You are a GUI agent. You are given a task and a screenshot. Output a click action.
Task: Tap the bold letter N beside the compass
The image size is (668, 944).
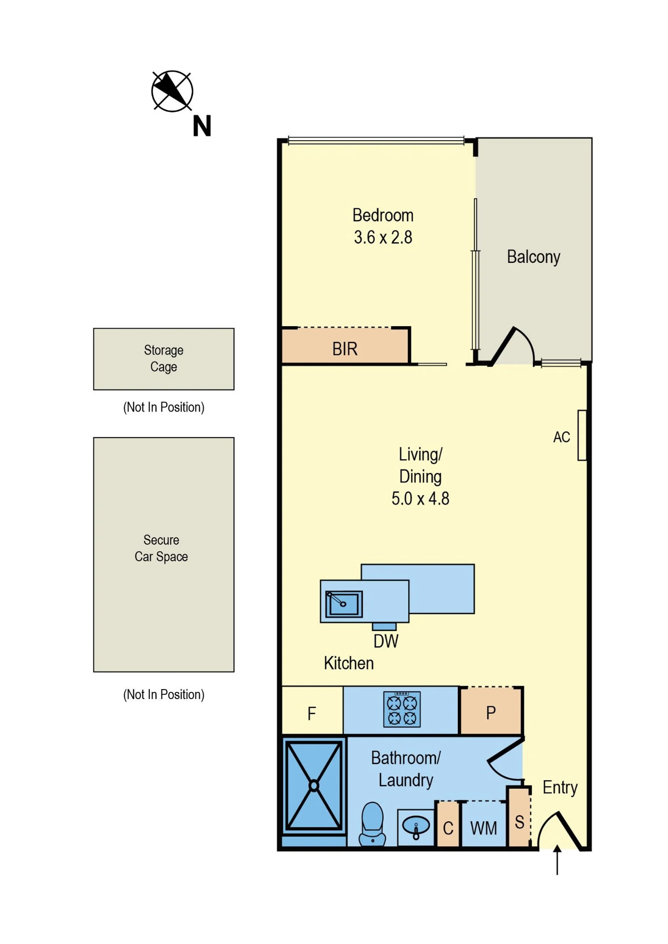point(202,126)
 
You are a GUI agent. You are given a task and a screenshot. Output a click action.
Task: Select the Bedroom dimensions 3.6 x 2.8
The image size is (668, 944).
point(383,237)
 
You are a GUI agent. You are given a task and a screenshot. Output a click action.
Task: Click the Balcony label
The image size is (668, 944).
point(533,257)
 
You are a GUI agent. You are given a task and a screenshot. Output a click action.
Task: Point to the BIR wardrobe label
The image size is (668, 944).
point(345,349)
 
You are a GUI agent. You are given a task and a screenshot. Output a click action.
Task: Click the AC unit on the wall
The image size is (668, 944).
point(582,435)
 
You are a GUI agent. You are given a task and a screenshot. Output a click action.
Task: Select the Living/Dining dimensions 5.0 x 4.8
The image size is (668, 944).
point(420,499)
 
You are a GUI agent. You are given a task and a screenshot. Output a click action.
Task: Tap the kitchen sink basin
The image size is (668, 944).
point(344,604)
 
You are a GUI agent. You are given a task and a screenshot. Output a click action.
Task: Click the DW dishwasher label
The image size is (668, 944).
point(386,642)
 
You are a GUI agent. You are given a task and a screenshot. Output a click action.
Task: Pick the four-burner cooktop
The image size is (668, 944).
point(402,709)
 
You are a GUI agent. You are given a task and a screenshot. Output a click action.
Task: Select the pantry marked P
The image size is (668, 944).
point(491,711)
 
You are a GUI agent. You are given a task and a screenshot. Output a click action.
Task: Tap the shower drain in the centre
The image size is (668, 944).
point(314,786)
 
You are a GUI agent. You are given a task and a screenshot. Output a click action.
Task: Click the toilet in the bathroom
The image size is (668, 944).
point(372,824)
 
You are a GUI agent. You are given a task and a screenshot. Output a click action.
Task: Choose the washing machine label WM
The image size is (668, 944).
point(484,828)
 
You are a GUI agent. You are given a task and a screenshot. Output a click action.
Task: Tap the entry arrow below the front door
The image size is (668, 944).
point(557,860)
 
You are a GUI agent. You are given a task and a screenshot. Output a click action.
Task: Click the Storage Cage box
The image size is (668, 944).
point(164,359)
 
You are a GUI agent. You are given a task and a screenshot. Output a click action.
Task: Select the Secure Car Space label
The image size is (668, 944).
point(161,548)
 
